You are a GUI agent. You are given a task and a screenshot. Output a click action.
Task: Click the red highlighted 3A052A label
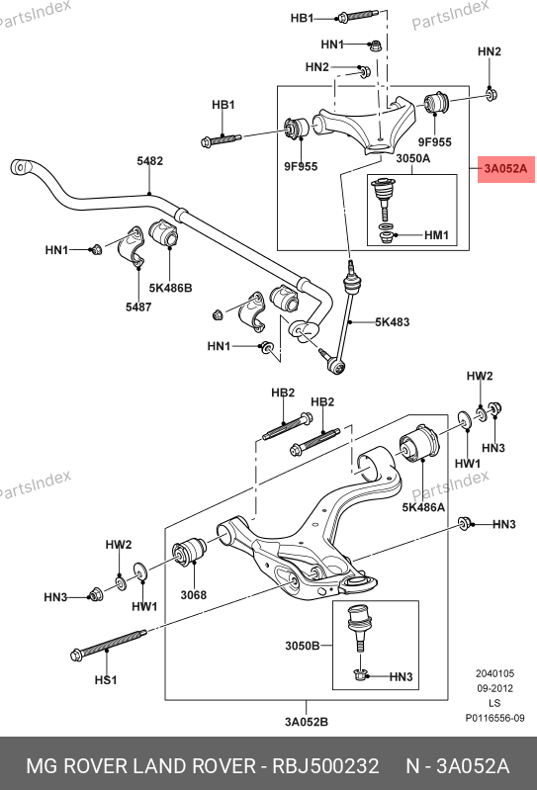pos(505,169)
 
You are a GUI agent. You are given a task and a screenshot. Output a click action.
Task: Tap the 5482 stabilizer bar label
pos(150,161)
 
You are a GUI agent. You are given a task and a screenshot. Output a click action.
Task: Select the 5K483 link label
pos(392,322)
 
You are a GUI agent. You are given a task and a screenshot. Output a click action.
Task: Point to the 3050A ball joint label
pos(413,159)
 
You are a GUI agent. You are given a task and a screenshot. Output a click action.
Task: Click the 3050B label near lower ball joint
pos(303,646)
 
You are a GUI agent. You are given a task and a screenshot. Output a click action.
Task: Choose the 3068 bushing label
pos(194,595)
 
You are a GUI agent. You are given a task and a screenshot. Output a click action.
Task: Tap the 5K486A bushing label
pos(423,507)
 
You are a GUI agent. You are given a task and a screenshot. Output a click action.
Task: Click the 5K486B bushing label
pos(170,288)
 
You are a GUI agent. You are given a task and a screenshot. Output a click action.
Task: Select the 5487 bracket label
pos(138,307)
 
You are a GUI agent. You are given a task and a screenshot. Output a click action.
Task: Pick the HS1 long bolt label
pos(106,680)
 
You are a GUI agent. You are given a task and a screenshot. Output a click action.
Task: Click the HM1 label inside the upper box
pos(436,235)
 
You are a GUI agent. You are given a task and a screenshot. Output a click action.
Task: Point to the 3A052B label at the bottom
pos(307,722)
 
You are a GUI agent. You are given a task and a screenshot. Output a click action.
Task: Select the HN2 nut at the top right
pos(492,94)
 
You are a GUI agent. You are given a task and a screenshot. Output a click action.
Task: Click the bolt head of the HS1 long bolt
pos(77,655)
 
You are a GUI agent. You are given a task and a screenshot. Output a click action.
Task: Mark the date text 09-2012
pos(494,688)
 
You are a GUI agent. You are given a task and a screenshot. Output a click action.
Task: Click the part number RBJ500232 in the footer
pos(325,766)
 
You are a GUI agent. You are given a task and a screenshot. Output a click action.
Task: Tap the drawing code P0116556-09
pos(494,718)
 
